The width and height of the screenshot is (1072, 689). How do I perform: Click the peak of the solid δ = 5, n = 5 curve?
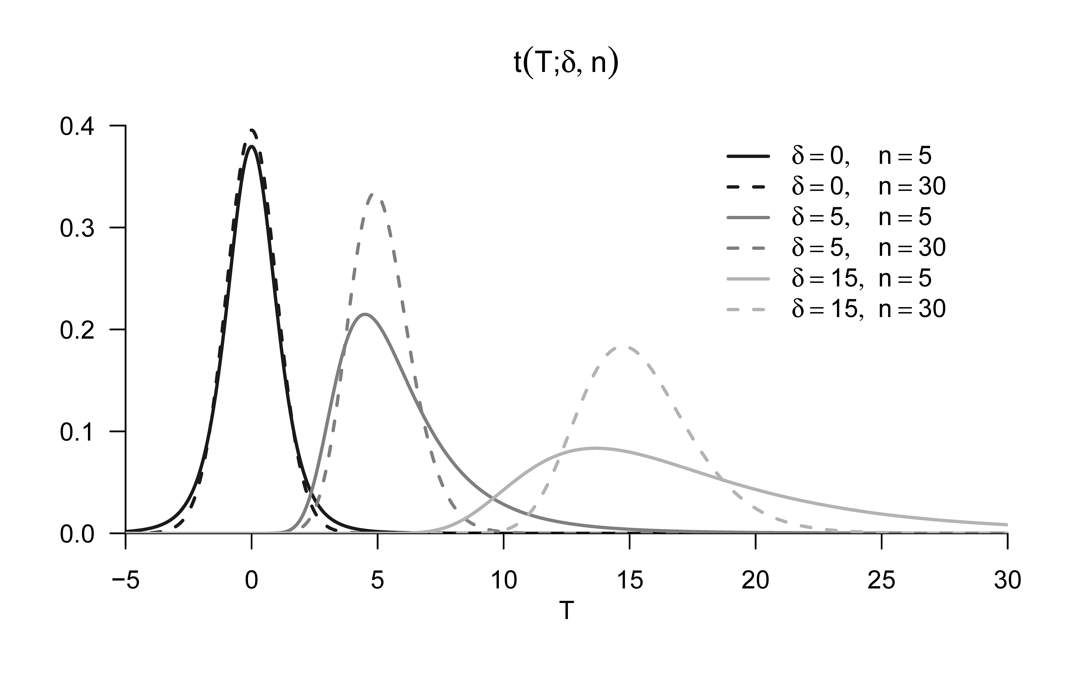point(365,314)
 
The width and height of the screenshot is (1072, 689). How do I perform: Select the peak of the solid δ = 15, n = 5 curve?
point(595,448)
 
